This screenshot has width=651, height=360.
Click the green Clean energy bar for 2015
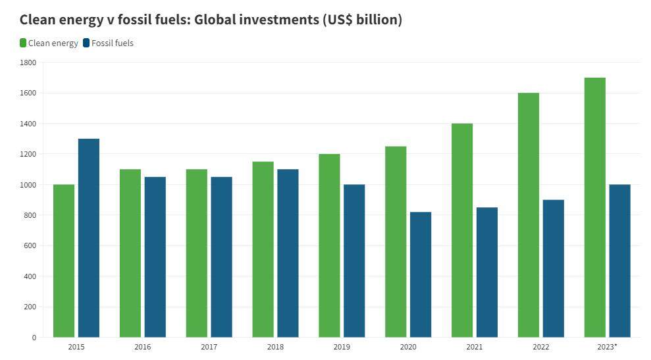point(64,261)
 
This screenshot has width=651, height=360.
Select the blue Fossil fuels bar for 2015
point(89,238)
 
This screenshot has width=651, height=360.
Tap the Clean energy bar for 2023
point(595,207)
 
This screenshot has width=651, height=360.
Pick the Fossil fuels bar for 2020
point(421,274)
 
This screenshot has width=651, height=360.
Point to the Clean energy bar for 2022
point(529,215)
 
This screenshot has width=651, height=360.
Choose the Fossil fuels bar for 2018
point(288,253)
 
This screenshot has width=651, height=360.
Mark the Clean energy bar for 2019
point(329,245)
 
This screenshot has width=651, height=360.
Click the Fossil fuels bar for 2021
point(487,272)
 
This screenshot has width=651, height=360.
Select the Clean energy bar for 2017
point(197,253)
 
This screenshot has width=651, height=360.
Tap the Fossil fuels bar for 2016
point(155,257)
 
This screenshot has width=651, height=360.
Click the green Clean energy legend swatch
point(23,43)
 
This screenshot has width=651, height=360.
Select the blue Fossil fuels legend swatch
point(86,43)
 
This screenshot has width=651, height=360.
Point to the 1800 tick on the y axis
point(28,63)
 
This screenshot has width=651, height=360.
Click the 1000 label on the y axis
point(28,185)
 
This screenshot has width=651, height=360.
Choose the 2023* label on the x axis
point(607,347)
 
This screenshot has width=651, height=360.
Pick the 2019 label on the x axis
point(342,347)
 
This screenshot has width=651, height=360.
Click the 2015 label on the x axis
point(76,347)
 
